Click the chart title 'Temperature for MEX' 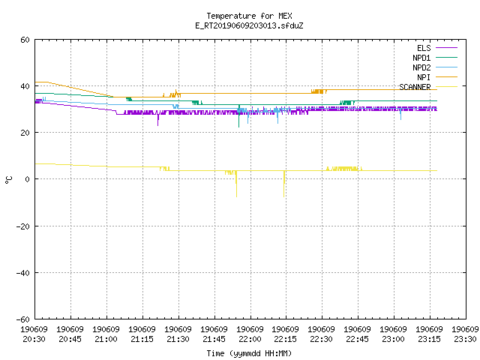[x=249, y=16]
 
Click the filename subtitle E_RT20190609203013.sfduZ [x=249, y=25]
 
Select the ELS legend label [x=424, y=48]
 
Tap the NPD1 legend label [x=421, y=58]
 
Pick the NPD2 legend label [x=421, y=67]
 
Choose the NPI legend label [x=424, y=77]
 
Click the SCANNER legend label [x=415, y=87]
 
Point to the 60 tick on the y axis [x=25, y=40]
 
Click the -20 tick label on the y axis [x=23, y=226]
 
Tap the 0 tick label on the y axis [x=27, y=179]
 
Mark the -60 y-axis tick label [x=23, y=319]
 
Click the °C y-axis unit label [x=8, y=180]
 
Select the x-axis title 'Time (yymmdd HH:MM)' [x=249, y=353]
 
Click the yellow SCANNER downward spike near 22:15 [x=284, y=184]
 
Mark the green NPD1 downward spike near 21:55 [x=239, y=116]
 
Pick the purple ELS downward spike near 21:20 [x=158, y=119]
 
